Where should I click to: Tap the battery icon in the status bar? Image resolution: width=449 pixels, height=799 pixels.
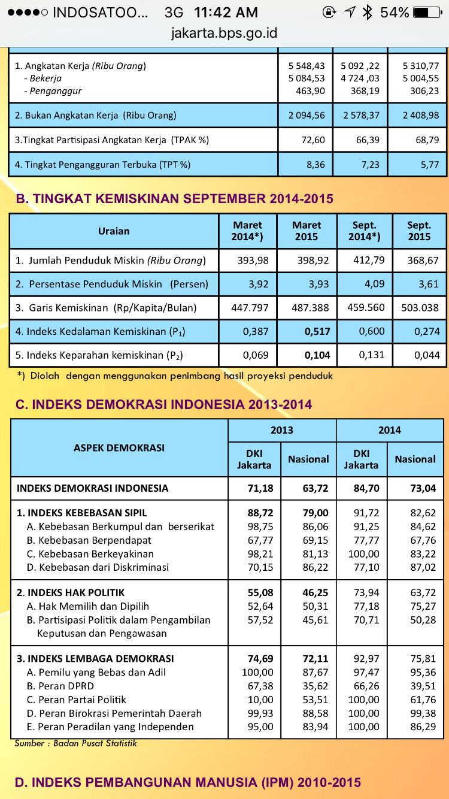[430, 12]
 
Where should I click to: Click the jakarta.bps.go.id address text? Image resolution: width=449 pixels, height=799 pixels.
[224, 33]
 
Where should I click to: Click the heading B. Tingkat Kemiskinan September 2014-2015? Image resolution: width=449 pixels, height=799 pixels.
[174, 198]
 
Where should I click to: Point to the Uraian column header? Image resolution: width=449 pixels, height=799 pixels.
[114, 231]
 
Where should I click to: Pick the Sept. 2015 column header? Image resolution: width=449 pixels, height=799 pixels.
[419, 231]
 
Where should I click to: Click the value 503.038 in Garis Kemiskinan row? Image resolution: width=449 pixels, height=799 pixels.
[419, 308]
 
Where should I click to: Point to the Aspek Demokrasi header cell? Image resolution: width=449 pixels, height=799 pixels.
[119, 447]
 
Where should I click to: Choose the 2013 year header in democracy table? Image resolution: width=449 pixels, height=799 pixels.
[282, 430]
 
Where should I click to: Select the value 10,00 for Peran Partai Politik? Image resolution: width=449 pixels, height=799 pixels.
[261, 700]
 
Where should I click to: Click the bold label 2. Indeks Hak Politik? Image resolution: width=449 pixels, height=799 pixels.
[71, 592]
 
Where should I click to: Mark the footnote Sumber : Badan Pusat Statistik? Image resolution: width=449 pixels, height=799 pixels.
[76, 743]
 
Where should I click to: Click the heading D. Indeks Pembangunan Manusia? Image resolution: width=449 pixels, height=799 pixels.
[188, 782]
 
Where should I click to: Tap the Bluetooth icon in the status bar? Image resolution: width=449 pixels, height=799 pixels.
[368, 12]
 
